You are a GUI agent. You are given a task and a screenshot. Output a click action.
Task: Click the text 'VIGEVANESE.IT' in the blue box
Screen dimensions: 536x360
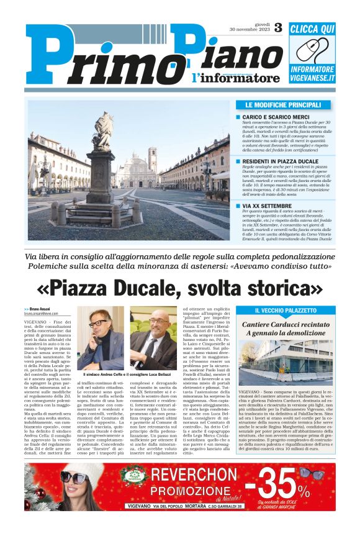312,78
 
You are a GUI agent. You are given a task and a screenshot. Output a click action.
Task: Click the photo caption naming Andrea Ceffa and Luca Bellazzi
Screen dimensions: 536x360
127,375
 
